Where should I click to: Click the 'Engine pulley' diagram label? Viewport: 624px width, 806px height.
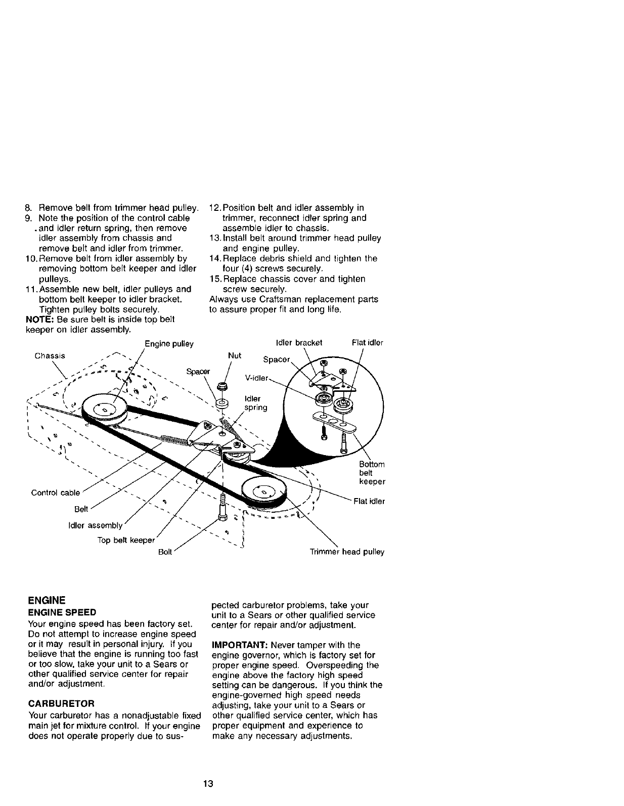pyautogui.click(x=169, y=344)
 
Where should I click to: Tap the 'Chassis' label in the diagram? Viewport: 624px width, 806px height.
pyautogui.click(x=50, y=355)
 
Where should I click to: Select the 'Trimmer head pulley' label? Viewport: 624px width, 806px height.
pyautogui.click(x=347, y=552)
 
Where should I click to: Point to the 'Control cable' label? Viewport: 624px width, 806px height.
pyautogui.click(x=56, y=492)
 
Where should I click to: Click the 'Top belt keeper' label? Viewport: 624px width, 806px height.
pyautogui.click(x=126, y=540)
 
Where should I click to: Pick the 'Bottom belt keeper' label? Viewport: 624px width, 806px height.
pyautogui.click(x=372, y=473)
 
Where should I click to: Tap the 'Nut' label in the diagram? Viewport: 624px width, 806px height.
pyautogui.click(x=235, y=355)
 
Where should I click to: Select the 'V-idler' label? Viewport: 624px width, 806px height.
pyautogui.click(x=255, y=377)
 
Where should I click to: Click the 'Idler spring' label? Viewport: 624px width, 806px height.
pyautogui.click(x=255, y=403)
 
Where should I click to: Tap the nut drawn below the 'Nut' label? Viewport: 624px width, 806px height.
pyautogui.click(x=221, y=387)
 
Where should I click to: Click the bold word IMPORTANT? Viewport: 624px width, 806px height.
pyautogui.click(x=239, y=645)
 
